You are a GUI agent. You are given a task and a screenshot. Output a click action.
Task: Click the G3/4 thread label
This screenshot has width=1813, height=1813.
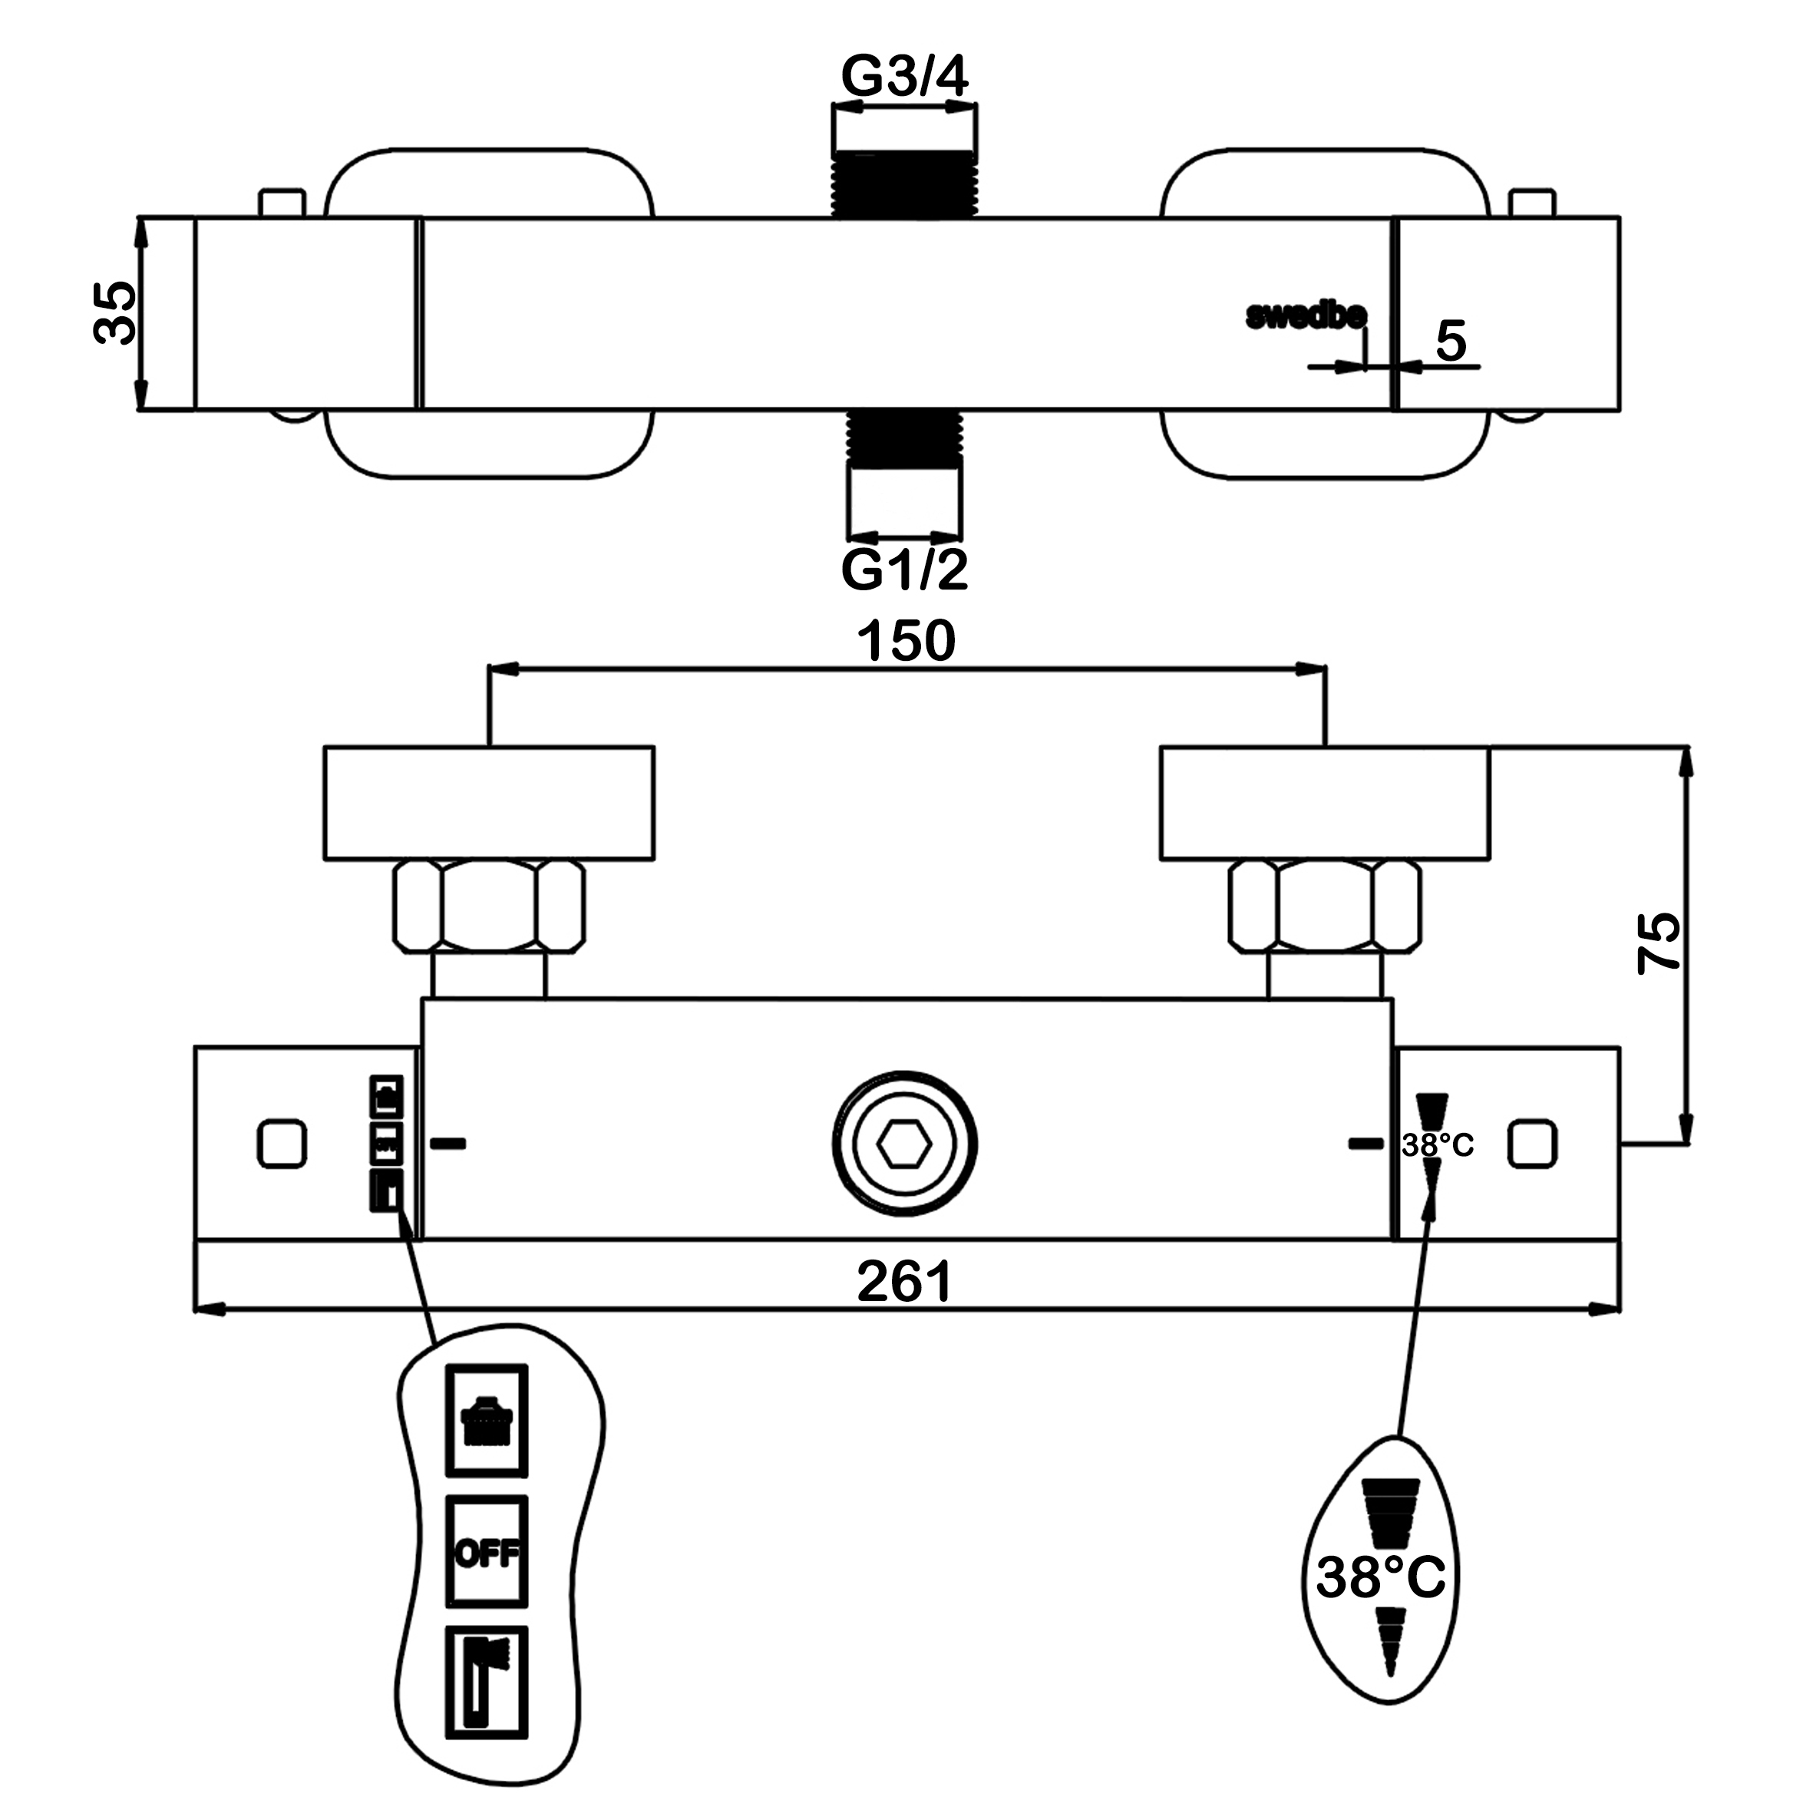pos(903,76)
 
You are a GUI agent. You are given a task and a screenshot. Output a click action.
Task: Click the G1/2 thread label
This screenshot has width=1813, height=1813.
pos(903,570)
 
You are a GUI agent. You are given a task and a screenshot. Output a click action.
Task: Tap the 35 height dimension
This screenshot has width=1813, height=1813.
pos(117,313)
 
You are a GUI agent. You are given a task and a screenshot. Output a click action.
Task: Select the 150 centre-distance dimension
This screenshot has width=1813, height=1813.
pos(906,641)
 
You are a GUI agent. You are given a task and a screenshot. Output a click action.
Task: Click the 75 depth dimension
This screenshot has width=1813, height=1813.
pos(1659,943)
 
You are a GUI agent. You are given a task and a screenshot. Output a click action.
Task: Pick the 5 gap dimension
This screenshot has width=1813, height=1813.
pos(1451,341)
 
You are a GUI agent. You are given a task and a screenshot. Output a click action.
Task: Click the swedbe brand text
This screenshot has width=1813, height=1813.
pos(1306,316)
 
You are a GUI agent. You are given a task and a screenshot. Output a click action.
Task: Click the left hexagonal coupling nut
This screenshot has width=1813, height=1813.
pos(489,906)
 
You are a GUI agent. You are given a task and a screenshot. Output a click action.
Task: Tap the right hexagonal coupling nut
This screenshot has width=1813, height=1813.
pos(1325,906)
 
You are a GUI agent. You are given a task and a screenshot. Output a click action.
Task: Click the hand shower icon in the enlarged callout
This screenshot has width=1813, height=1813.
pos(486,1683)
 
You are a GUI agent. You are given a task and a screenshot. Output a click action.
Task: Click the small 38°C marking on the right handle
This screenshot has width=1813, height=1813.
pos(1438,1145)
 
